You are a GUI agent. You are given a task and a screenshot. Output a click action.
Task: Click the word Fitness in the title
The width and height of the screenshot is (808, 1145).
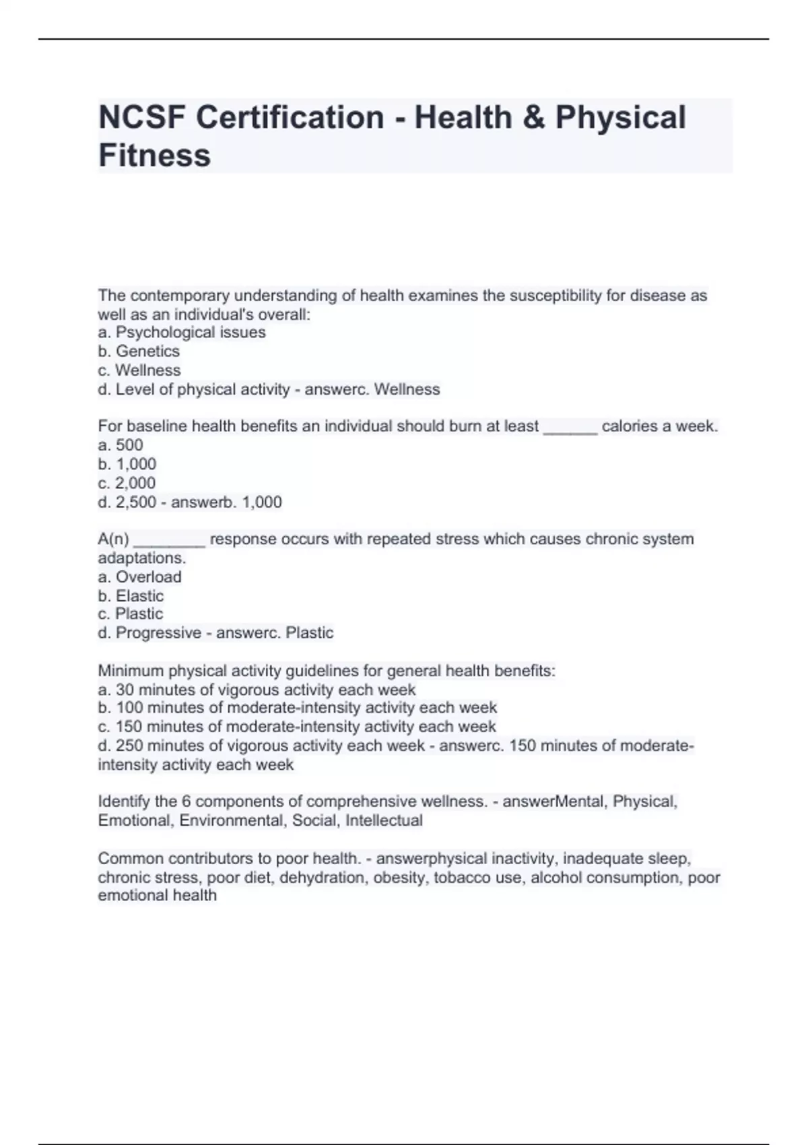click(x=154, y=155)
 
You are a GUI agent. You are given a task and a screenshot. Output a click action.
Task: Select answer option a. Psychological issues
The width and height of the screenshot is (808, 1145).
click(x=182, y=332)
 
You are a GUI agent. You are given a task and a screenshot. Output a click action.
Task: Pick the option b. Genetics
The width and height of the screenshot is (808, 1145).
click(x=139, y=351)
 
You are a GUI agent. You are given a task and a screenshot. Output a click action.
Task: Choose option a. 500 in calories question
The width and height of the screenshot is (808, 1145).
click(x=121, y=445)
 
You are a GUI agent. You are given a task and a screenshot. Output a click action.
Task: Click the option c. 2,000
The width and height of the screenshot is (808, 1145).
click(x=127, y=483)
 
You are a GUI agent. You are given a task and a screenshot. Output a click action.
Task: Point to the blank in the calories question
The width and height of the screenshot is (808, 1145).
click(x=570, y=427)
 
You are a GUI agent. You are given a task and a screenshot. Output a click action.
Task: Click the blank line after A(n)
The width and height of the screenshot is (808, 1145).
click(x=169, y=540)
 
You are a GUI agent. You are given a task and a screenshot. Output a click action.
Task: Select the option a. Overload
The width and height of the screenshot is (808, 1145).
click(x=139, y=577)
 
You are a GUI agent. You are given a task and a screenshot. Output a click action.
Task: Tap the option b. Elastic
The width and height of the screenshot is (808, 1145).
click(x=131, y=595)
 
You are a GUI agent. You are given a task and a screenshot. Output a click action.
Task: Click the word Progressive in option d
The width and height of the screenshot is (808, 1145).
click(x=158, y=632)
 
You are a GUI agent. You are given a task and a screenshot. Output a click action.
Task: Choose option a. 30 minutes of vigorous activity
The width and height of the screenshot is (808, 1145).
click(x=257, y=690)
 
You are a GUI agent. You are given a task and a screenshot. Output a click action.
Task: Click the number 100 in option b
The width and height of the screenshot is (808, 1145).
click(x=129, y=708)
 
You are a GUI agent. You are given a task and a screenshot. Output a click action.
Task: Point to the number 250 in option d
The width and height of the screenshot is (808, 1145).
click(x=129, y=746)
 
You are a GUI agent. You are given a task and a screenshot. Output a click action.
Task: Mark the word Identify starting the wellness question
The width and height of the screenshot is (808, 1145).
click(x=124, y=802)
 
